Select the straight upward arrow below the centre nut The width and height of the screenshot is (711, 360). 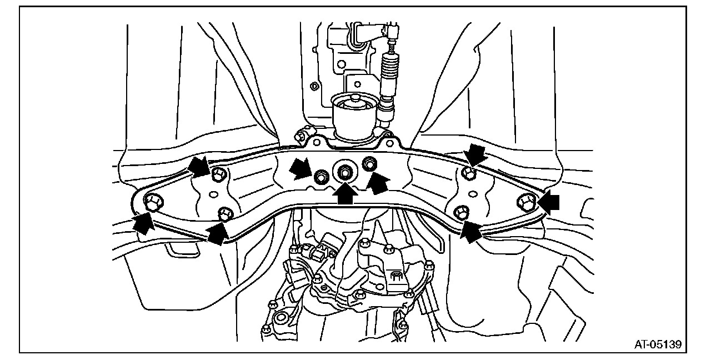point(345,194)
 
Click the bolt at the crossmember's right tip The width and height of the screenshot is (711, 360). point(526,202)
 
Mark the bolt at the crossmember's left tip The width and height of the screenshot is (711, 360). point(152,203)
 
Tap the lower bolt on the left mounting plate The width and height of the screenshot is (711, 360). point(225,213)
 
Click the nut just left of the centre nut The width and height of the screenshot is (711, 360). point(321,177)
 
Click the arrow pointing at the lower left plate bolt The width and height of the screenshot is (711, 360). point(218,233)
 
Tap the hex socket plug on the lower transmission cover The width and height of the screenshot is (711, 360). point(397,276)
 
